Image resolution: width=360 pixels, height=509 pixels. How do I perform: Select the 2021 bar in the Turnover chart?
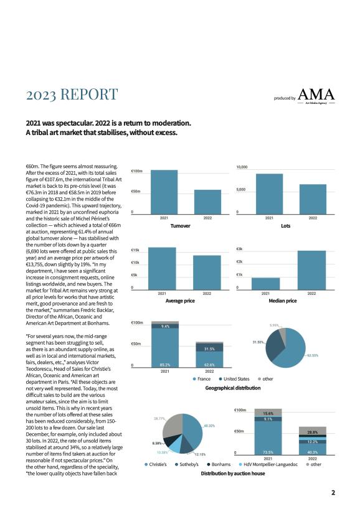click(164, 192)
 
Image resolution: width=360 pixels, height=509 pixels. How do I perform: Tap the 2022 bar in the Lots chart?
click(313, 199)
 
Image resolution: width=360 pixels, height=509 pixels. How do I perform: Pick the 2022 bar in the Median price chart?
click(311, 270)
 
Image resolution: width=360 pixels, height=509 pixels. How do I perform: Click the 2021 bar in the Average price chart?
click(162, 268)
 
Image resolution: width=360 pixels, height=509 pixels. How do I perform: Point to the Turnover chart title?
click(181, 226)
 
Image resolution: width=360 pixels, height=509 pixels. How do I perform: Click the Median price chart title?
click(283, 301)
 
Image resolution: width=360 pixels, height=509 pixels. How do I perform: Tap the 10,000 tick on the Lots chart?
click(242, 167)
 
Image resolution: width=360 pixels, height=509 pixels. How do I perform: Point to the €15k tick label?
click(135, 250)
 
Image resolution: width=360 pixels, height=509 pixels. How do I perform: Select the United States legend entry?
click(234, 379)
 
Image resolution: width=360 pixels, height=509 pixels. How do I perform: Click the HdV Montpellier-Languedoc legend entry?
click(268, 465)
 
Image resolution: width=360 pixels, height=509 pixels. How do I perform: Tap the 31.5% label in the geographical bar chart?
click(209, 349)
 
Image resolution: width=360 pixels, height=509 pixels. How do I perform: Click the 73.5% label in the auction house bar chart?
click(268, 452)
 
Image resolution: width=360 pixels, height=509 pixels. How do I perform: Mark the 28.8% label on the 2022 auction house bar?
click(313, 432)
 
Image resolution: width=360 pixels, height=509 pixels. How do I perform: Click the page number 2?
click(333, 493)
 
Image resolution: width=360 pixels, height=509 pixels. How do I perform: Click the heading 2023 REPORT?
click(72, 94)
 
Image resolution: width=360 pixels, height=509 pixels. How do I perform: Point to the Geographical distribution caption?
click(233, 388)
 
